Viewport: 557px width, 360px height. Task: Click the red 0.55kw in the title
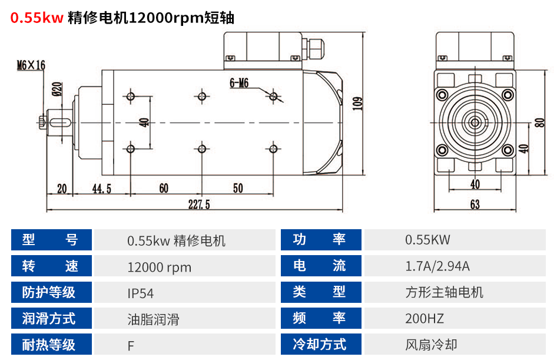[x=37, y=18]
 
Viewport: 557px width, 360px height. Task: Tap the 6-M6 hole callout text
[x=239, y=84]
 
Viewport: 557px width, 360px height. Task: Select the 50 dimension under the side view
[x=237, y=188]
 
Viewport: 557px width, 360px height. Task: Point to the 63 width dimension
[x=475, y=204]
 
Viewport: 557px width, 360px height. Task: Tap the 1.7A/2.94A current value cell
[x=437, y=266]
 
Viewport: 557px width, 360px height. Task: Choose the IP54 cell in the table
[x=141, y=293]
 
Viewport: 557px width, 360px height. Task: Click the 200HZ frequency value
[x=425, y=319]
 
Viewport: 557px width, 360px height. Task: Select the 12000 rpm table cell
[x=159, y=267]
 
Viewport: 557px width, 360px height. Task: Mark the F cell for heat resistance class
[x=131, y=345]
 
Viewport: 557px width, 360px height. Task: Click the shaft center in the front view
[x=475, y=123]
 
